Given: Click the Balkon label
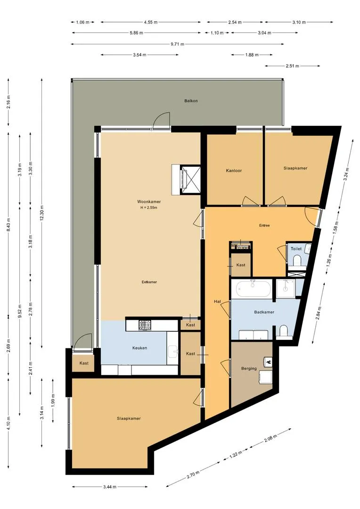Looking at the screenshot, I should [191, 101].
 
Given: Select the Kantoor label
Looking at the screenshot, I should [234, 171].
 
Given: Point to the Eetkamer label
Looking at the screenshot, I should [149, 282].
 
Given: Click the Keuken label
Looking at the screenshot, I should [139, 348].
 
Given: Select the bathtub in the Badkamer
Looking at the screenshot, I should [253, 288].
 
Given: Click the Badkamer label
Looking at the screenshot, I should [264, 312].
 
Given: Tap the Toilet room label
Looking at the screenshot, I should [296, 248].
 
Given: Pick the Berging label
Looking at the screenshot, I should [248, 369].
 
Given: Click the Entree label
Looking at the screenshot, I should [264, 225].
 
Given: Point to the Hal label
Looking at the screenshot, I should [217, 301].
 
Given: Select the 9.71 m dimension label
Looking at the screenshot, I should [177, 44].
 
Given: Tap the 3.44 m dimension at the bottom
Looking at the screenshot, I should [111, 487].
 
